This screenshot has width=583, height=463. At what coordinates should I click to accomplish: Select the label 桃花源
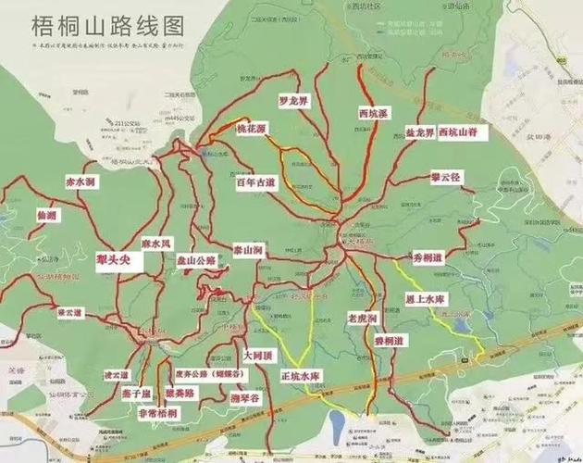coord(254,129)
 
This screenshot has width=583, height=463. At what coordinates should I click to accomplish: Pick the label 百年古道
coord(255,184)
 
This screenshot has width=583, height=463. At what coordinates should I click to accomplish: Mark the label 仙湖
coord(46,216)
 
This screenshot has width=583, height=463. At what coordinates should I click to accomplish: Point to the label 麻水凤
coord(156,243)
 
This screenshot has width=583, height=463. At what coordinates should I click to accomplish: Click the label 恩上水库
coord(427,299)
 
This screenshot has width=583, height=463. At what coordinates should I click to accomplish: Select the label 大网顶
coord(257,354)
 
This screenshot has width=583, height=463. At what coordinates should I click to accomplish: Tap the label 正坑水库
coord(300,376)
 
